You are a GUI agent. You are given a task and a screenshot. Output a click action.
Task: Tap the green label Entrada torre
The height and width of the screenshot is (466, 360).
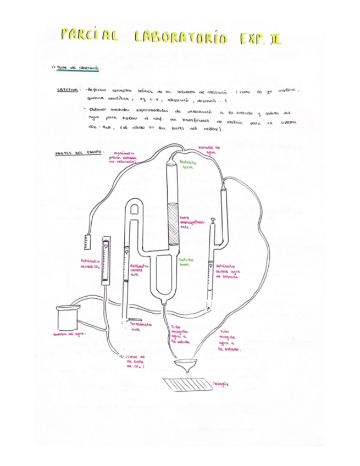pos(189,164)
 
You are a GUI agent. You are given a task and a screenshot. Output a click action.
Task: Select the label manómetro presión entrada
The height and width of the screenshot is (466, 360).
pos(125,158)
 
